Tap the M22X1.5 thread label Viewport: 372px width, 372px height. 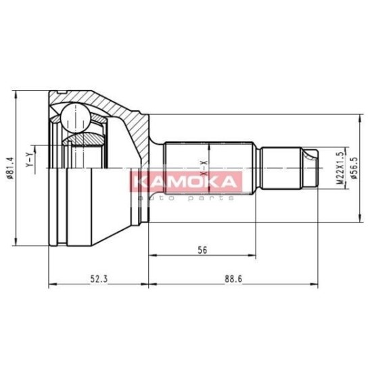coord(341,168)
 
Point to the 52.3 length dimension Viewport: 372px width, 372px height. coord(99,279)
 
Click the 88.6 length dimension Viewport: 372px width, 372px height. coord(233,279)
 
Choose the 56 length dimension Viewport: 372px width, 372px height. coord(202,250)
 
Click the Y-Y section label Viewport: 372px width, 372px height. coord(29,160)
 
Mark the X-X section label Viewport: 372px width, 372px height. coord(204,168)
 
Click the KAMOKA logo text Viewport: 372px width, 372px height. coord(185,182)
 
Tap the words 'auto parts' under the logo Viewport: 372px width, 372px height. coord(186,198)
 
